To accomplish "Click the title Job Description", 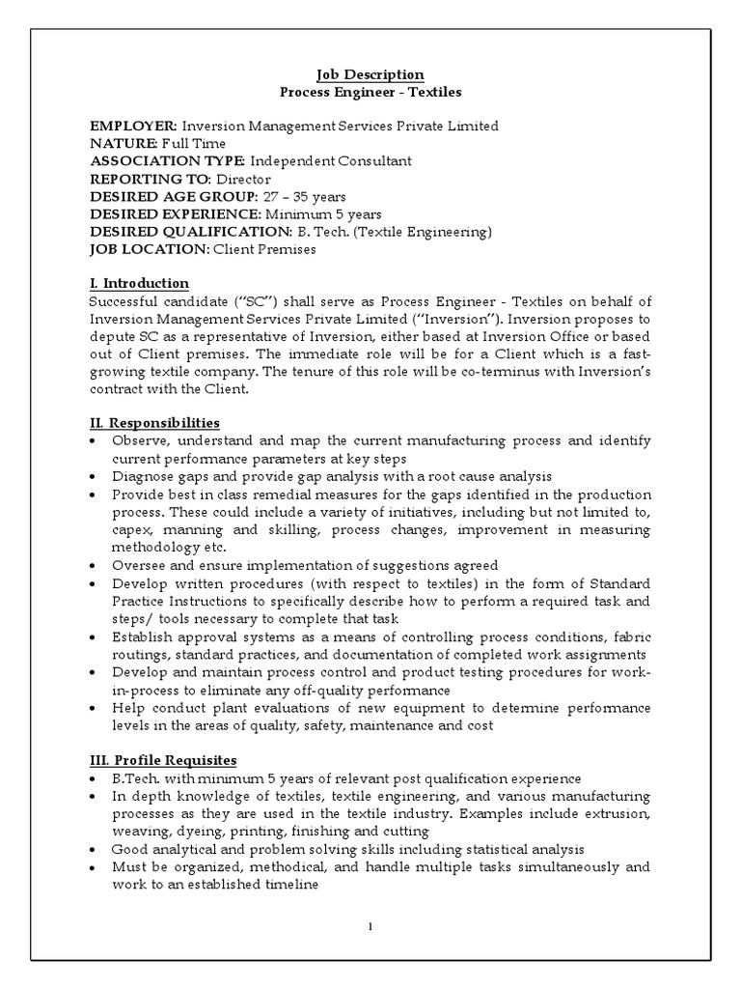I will click(x=370, y=74).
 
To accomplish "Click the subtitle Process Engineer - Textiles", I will click(x=370, y=93).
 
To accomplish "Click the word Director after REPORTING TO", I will click(x=242, y=179).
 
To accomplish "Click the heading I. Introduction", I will click(x=139, y=283).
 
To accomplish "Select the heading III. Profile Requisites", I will click(x=163, y=760).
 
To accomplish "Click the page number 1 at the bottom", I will click(x=370, y=927).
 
